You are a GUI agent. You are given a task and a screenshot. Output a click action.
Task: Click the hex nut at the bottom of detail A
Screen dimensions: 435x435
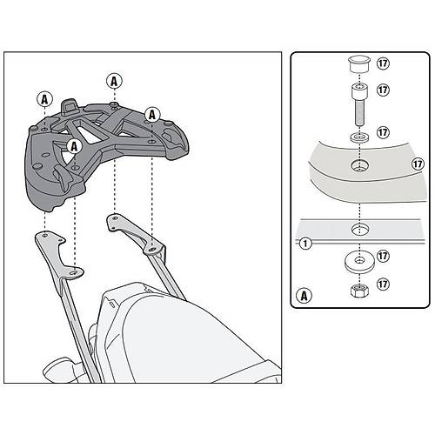point(359,290)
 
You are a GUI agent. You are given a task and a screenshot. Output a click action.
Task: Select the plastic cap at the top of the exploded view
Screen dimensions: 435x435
point(359,64)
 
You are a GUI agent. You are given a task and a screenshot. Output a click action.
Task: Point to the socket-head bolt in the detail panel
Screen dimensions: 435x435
point(359,104)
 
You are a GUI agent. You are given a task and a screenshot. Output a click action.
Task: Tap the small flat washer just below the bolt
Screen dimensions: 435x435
point(359,137)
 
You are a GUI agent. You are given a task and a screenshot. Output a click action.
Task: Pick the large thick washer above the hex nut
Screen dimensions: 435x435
point(359,262)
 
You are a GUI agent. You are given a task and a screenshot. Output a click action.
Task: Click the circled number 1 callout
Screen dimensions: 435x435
point(305,243)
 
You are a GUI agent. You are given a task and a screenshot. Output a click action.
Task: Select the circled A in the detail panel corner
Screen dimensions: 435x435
point(304,296)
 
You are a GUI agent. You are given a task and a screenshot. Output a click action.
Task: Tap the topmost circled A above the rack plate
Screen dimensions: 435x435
point(114,82)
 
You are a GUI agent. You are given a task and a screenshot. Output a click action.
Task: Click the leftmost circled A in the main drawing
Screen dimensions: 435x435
point(44,99)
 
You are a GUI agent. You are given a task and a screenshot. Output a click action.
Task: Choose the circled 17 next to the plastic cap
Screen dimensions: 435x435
point(383,64)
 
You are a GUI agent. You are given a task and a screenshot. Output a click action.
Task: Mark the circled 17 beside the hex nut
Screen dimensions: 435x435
point(383,284)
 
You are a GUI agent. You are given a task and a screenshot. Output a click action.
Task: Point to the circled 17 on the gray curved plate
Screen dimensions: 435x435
point(418,164)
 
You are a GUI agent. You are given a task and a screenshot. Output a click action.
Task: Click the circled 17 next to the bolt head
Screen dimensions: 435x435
point(383,90)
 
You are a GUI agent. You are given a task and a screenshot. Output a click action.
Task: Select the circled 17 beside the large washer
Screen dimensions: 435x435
point(383,256)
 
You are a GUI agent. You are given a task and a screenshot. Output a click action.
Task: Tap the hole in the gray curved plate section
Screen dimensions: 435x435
point(359,165)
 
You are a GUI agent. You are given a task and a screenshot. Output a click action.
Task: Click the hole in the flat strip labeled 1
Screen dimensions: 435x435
point(359,229)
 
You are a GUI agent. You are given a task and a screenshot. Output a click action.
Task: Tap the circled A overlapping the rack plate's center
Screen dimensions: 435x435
point(75,146)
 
